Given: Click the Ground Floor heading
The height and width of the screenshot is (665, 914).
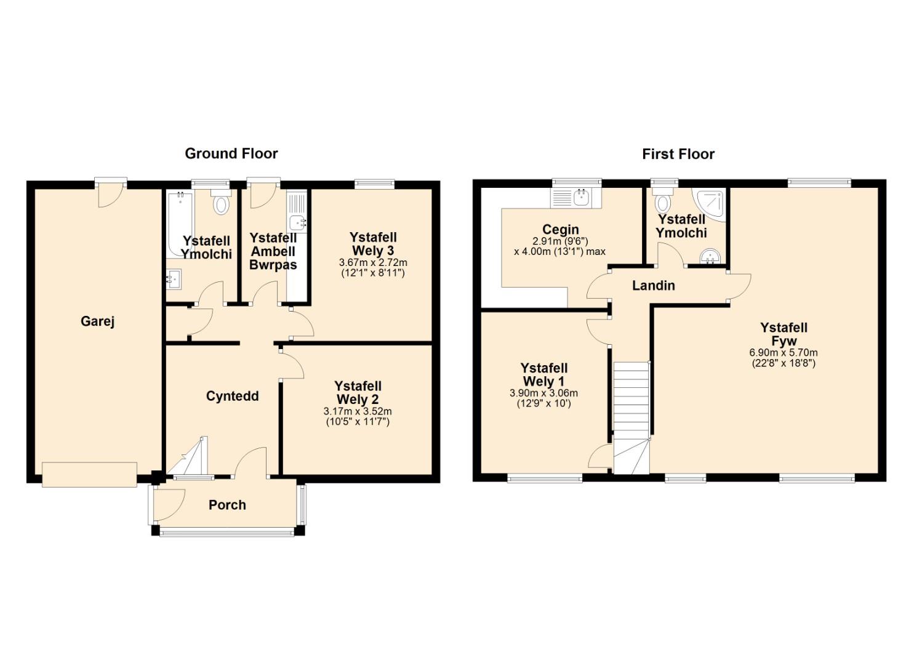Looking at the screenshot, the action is coord(231,153).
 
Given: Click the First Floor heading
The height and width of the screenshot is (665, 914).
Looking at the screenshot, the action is coord(678,154).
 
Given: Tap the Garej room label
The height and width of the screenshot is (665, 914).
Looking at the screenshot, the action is coord(97,321).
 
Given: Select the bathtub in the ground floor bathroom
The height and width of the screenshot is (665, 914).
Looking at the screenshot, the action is coord(180,224).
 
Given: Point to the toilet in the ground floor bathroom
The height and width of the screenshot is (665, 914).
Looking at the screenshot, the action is coord(222,202).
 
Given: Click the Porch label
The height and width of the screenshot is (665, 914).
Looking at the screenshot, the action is coord(227,505).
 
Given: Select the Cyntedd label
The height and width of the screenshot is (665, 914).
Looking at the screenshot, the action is coord(232,396).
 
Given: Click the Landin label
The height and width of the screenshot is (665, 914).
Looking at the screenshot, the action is coord(653,285).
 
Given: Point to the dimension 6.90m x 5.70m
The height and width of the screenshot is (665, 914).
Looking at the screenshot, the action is coord(784,352).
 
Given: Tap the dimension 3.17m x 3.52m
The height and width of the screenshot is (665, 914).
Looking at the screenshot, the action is coord(358,411).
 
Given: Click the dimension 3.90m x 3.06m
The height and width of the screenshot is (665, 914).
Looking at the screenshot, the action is coord(543,393).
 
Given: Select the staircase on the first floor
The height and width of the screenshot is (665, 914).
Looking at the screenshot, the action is coord(631,418).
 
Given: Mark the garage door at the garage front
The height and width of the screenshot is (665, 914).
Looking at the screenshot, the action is coord(89,474).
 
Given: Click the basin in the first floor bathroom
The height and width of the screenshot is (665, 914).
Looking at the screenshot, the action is coord(710,257).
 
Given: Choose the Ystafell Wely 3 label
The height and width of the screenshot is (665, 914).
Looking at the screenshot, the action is coord(372,244).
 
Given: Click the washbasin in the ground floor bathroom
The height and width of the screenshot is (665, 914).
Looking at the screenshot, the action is coord(174,279).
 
